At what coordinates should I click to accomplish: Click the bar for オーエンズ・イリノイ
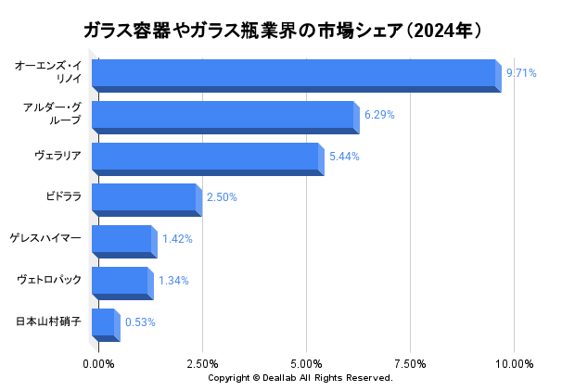295,74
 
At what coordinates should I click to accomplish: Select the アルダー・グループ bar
223,117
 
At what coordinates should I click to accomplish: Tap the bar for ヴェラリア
206,158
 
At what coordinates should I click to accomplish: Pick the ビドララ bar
145,198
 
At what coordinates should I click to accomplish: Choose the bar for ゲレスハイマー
122,240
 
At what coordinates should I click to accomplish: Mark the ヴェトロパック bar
121,282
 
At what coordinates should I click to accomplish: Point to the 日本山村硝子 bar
104,323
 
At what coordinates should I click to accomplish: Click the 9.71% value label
521,73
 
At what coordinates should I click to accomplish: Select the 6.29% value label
379,115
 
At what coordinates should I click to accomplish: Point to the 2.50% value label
222,197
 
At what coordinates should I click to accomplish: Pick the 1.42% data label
177,239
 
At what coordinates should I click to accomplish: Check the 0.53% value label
140,322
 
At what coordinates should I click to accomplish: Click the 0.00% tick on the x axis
99,363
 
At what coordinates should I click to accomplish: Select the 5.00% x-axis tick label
306,363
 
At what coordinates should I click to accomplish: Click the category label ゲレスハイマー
45,238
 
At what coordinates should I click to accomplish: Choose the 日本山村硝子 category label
48,322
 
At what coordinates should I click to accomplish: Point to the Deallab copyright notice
300,378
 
